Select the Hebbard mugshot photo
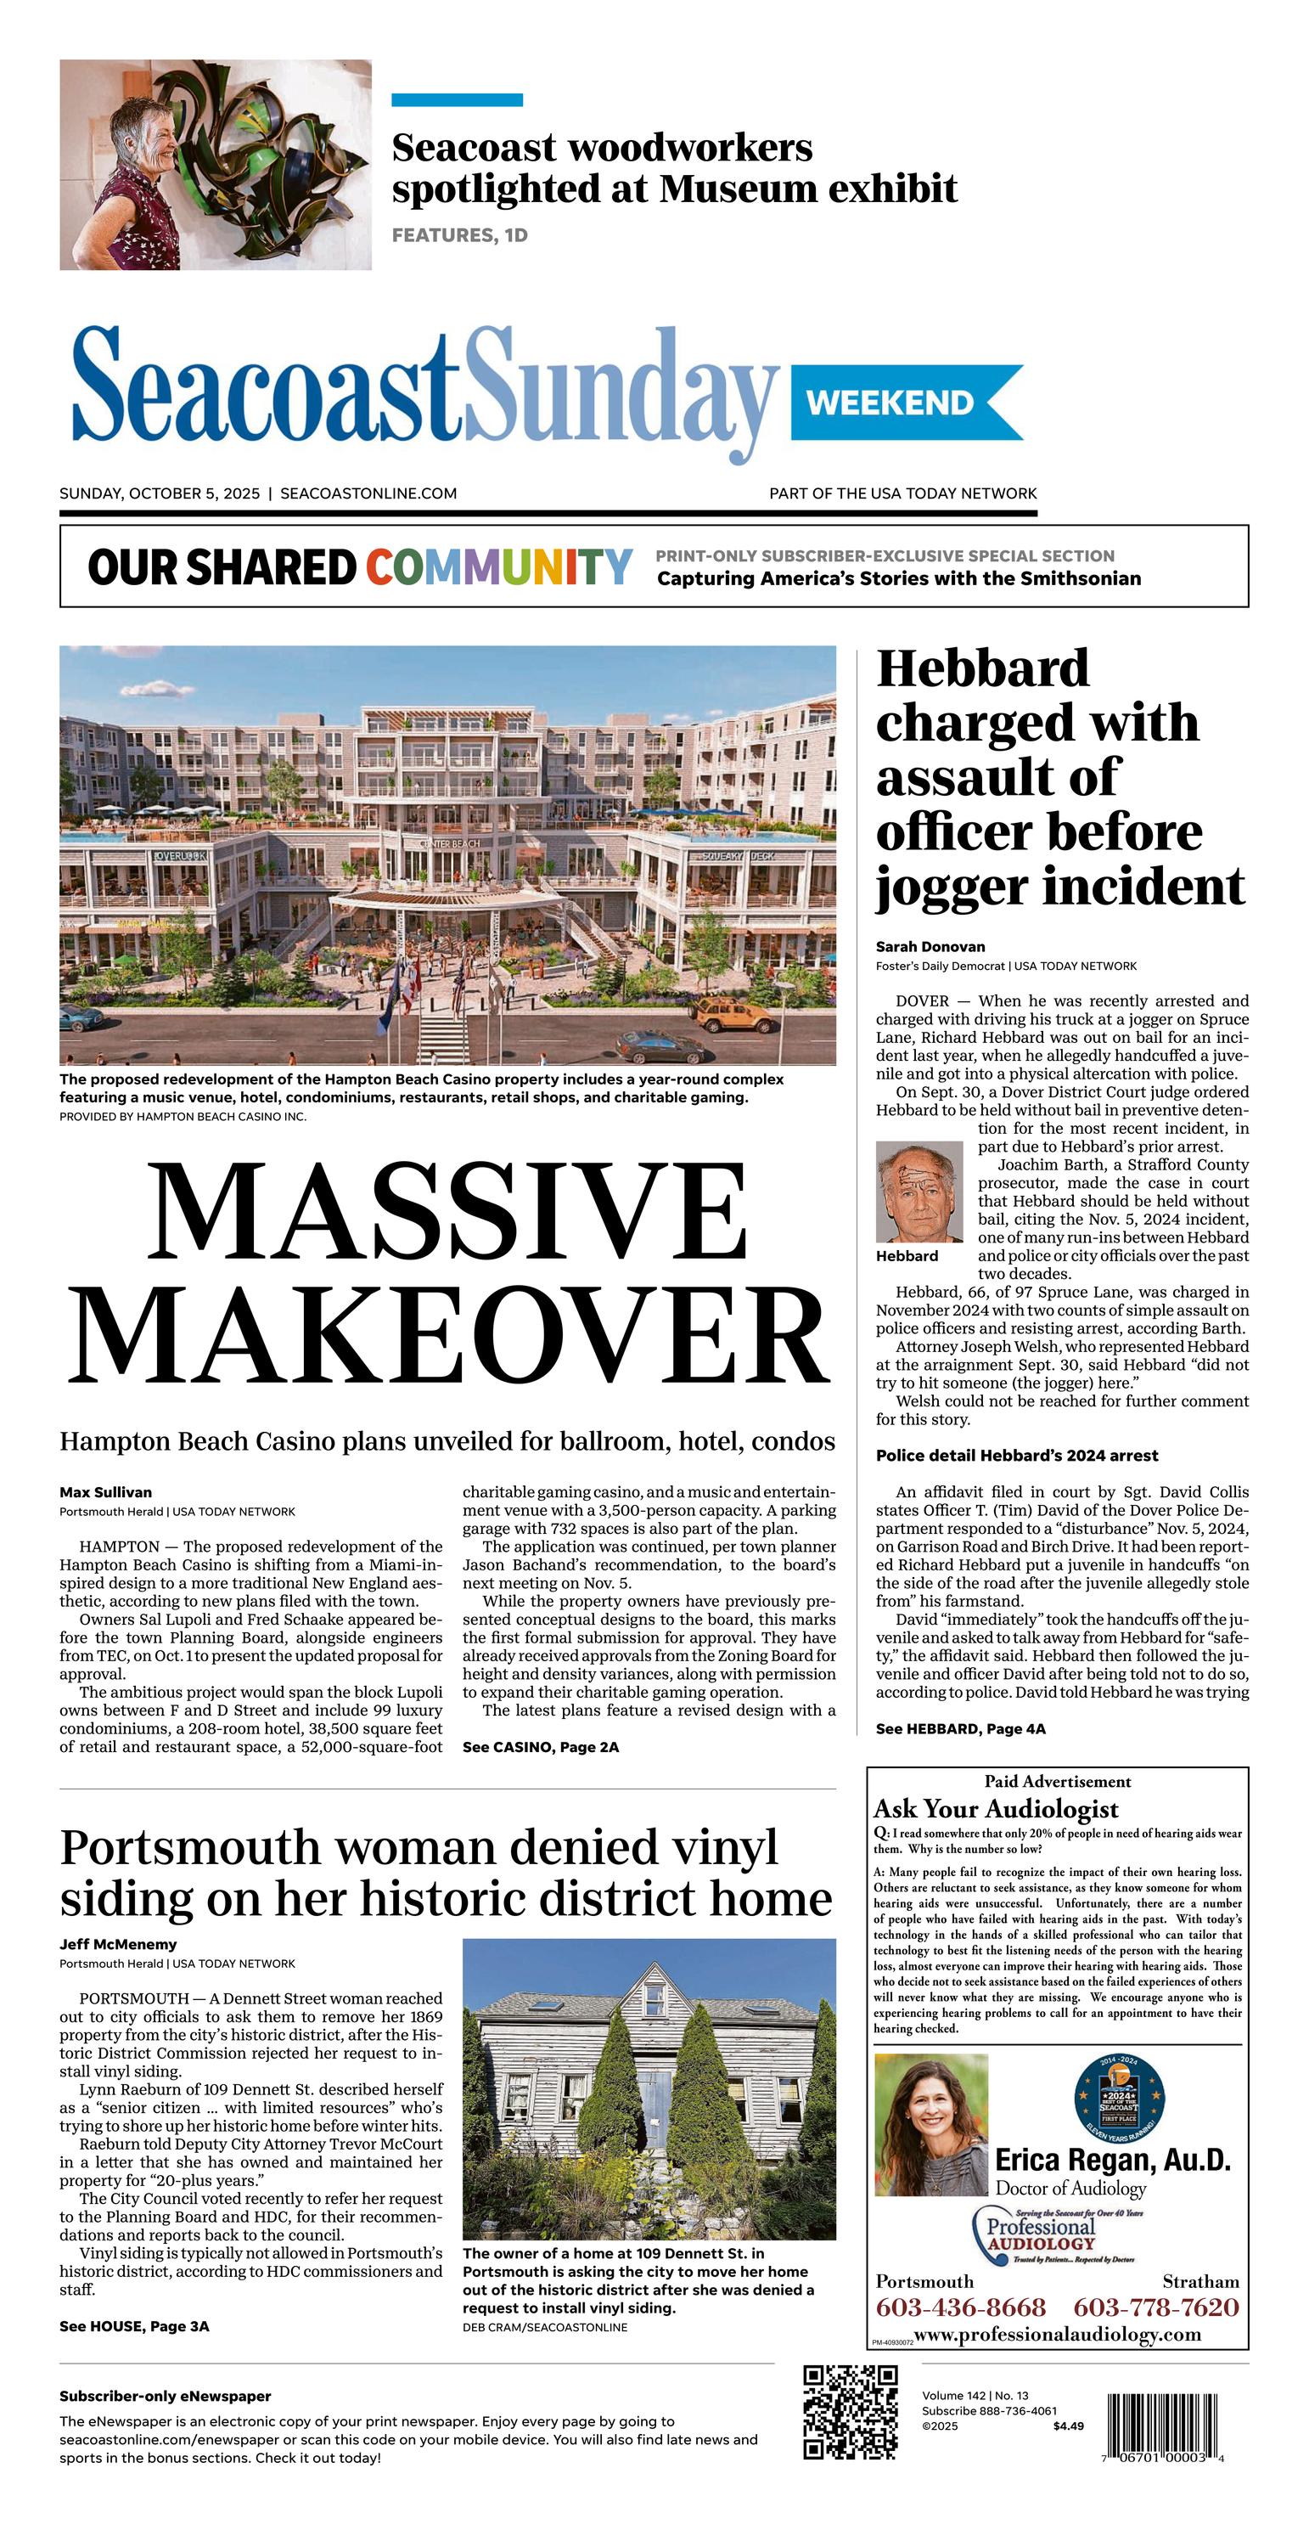[x=919, y=1192]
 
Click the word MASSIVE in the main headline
[x=447, y=1212]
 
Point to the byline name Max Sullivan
[x=105, y=1492]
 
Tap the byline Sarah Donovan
[x=930, y=947]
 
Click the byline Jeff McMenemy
[x=118, y=1944]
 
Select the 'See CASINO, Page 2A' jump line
[x=540, y=1747]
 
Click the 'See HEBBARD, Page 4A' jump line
[x=960, y=1728]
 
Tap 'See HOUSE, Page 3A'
[x=133, y=2325]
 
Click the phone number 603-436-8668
[x=960, y=2307]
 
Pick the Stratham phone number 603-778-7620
[x=1156, y=2307]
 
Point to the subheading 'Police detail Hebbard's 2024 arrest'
[x=1016, y=1456]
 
